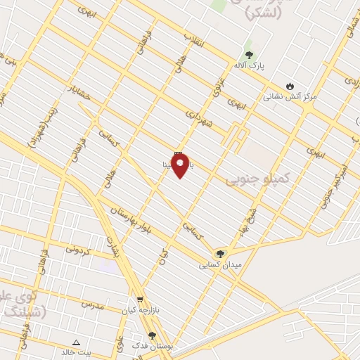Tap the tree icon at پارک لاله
(248, 55)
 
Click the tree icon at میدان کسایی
(221, 253)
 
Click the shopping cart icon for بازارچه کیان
(139, 298)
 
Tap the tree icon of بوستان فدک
(152, 335)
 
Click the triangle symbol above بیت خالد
(77, 342)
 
